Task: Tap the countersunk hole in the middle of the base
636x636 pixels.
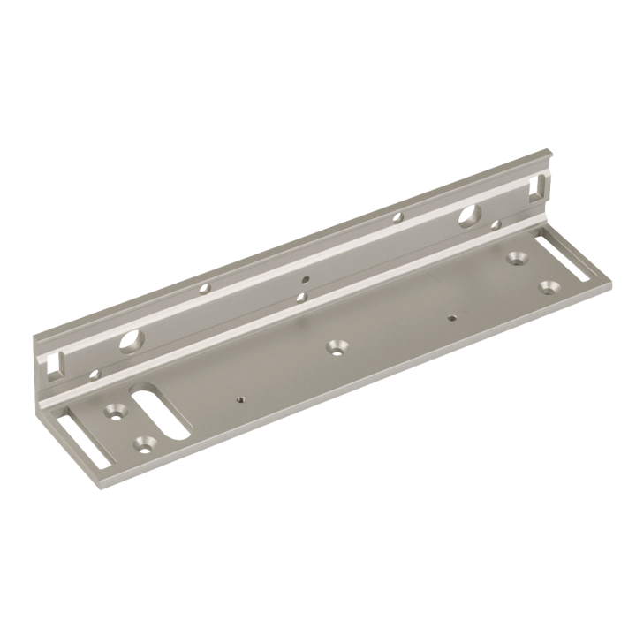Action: (336, 346)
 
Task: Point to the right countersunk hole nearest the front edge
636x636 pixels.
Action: (549, 287)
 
